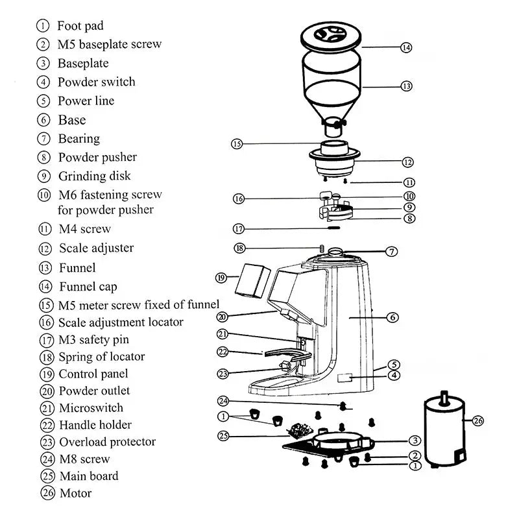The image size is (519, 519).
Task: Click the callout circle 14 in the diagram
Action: coord(406,47)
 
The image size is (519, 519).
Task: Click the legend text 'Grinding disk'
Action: coord(94,176)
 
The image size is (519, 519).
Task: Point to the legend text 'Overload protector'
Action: coord(107,442)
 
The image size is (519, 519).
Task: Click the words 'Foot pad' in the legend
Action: coord(80,26)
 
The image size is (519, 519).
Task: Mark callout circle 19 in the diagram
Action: coord(221,278)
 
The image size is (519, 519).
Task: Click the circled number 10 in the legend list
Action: coord(44,195)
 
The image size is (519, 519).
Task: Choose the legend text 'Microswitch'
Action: coord(91,408)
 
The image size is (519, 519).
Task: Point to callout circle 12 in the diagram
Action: coord(407,162)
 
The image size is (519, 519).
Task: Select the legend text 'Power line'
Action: coord(86,101)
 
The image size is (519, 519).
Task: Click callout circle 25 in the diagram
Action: coord(224,436)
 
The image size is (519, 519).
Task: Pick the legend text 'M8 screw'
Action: coord(84,459)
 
